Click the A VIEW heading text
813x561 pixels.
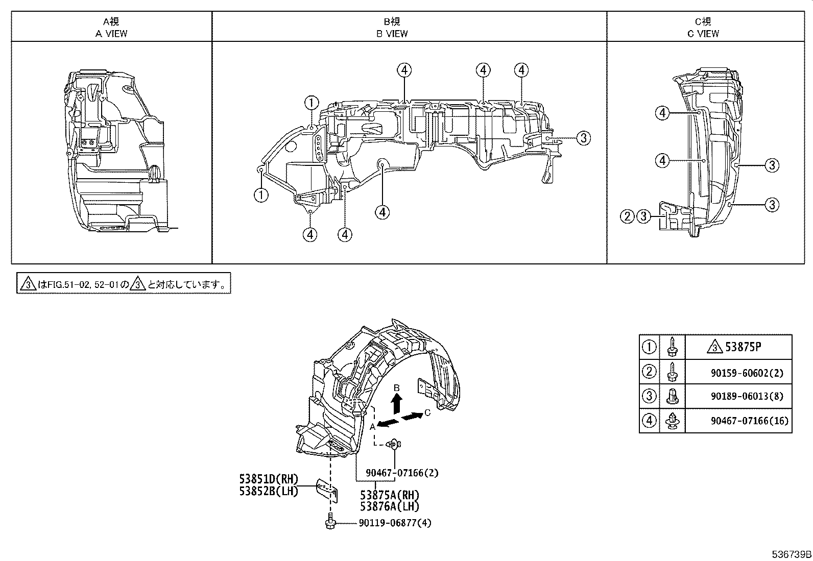[x=111, y=34]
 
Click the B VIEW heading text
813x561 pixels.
[x=392, y=34]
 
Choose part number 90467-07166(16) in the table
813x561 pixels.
[x=749, y=421]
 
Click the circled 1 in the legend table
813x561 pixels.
[x=649, y=348]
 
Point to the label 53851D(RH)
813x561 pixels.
[x=269, y=480]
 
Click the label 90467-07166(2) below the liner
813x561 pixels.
[x=402, y=473]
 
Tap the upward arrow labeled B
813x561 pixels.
[x=396, y=403]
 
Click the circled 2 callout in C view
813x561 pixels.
[x=627, y=216]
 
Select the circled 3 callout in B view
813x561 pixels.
[x=584, y=138]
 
